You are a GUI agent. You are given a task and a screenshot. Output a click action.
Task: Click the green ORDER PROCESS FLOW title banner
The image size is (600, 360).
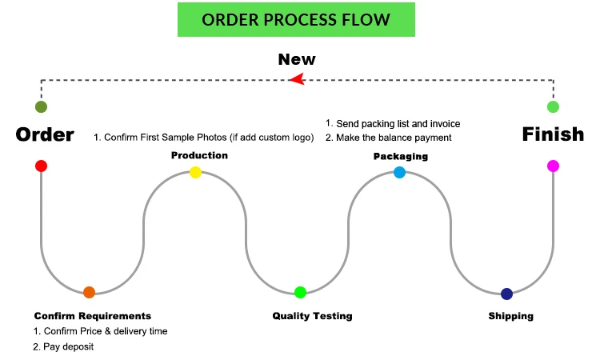[296, 19]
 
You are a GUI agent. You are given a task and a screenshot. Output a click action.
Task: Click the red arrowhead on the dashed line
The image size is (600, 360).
[297, 78]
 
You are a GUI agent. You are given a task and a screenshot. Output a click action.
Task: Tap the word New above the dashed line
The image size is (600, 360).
[296, 59]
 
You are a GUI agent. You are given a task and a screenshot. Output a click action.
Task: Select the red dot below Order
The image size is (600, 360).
[41, 166]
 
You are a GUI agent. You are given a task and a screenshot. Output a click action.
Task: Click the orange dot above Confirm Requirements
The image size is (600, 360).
[89, 292]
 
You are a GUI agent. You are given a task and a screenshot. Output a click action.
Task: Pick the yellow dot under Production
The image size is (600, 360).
[195, 172]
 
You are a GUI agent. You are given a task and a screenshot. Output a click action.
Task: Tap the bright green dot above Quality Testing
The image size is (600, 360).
[300, 292]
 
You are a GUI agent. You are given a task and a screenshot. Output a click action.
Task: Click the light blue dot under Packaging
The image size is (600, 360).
[399, 172]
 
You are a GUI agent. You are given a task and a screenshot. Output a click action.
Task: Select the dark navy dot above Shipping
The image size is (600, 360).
[506, 294]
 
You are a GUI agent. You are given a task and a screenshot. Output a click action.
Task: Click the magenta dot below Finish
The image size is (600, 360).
[553, 166]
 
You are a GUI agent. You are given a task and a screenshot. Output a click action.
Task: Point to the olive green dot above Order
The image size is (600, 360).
[41, 106]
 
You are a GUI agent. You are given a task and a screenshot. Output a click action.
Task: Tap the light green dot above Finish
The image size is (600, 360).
[553, 106]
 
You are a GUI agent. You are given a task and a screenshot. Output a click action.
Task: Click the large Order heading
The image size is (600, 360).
[45, 134]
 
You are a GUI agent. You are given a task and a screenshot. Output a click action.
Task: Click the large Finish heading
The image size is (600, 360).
[553, 134]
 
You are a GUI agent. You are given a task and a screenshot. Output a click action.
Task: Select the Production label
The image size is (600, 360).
[199, 155]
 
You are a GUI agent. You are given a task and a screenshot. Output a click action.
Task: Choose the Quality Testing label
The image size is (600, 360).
[312, 316]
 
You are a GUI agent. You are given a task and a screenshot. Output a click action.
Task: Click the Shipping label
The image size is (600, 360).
[510, 316]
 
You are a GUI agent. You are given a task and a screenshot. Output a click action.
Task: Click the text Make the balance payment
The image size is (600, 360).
[389, 138]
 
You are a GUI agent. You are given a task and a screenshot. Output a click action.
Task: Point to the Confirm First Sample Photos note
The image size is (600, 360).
[204, 138]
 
